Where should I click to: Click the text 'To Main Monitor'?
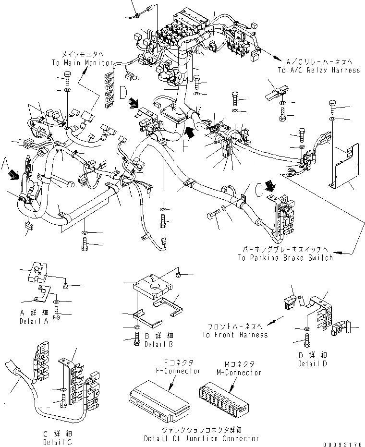(x=82, y=63)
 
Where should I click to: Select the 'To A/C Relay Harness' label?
(x=318, y=70)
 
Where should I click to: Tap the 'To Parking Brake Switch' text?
(x=285, y=257)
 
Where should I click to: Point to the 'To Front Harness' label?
(x=235, y=335)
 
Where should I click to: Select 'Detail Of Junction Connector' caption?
(x=201, y=438)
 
